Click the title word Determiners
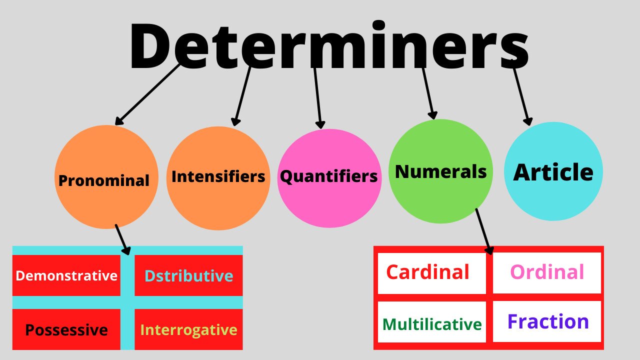coord(329,45)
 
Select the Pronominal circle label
coord(103,180)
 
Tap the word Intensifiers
coord(218,176)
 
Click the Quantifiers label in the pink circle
coord(329,176)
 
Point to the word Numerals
coord(440,171)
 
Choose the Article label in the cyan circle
coord(553,172)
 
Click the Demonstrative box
coord(66,275)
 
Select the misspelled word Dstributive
coord(189,275)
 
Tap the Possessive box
coord(66,329)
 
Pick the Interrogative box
coord(188,329)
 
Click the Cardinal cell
coord(431,273)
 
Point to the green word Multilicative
coord(432,324)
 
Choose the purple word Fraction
coord(548,321)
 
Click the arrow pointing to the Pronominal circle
coord(147,94)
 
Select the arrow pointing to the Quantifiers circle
coord(317,98)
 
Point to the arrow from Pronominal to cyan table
coord(123,239)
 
